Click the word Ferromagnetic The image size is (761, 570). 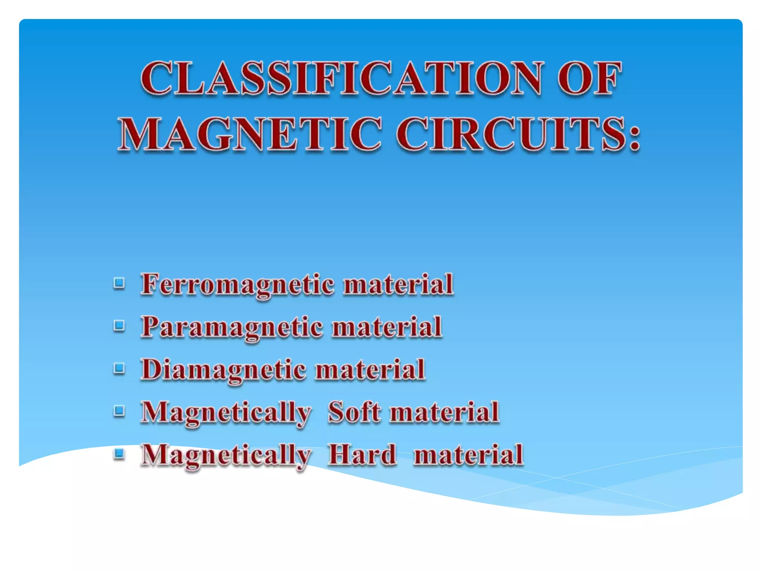[x=238, y=285]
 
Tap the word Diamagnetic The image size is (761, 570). [x=224, y=370]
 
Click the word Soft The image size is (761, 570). [x=354, y=412]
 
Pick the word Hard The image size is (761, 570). [x=362, y=455]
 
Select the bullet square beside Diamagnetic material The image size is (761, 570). [x=119, y=368]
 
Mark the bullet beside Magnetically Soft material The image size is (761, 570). [x=119, y=411]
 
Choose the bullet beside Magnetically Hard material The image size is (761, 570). [x=119, y=453]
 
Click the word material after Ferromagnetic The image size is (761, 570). [x=398, y=285]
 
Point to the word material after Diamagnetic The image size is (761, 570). [x=370, y=370]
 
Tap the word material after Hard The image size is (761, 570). [x=469, y=455]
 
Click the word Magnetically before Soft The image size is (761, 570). [x=226, y=413]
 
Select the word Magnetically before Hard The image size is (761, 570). [x=226, y=456]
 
